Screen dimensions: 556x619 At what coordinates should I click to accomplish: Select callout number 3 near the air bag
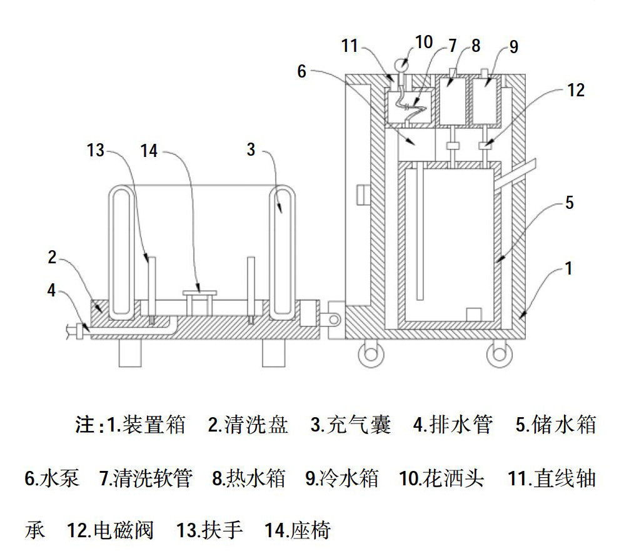[x=251, y=150]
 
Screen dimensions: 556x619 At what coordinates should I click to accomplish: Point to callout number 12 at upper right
[x=576, y=91]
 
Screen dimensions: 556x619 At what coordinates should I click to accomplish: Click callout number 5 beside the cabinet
[x=568, y=203]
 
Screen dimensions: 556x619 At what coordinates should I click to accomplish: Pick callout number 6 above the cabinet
[x=302, y=71]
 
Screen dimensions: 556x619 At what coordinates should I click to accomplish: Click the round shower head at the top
[x=400, y=63]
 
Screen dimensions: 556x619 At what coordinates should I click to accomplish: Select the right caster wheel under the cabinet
[x=500, y=355]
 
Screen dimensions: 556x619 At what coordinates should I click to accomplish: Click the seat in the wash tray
[x=199, y=292]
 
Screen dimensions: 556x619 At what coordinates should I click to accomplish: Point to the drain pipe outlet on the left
[x=73, y=331]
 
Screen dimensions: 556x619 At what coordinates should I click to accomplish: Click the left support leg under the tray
[x=131, y=355]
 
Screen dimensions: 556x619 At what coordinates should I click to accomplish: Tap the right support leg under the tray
[x=273, y=355]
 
